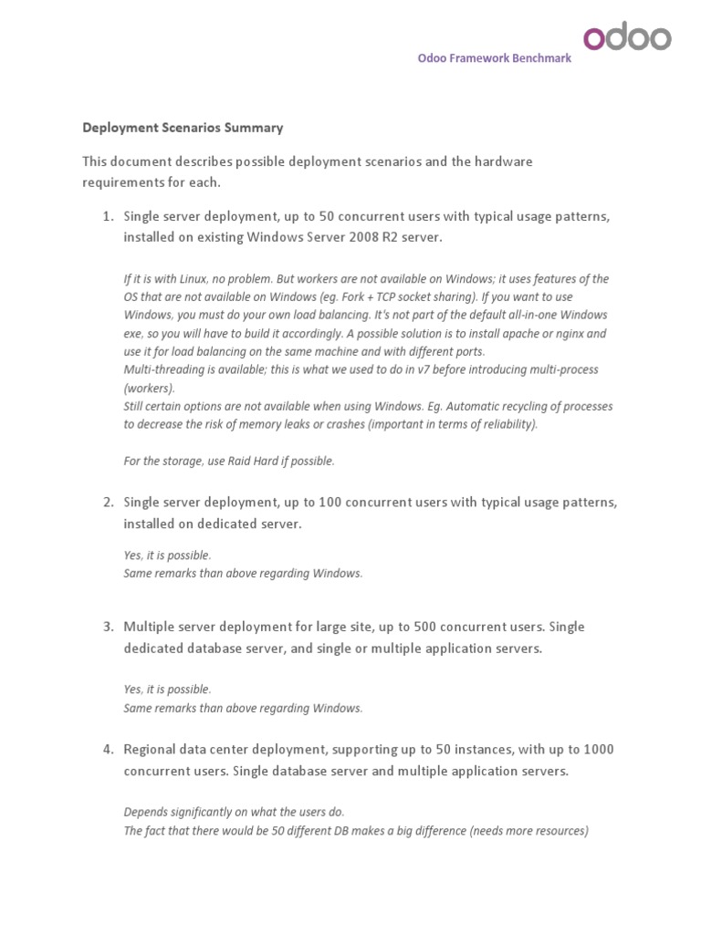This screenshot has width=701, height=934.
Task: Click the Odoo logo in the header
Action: point(627,37)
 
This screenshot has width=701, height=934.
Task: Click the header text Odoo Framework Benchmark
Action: point(495,57)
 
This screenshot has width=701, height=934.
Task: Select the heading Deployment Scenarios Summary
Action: point(183,128)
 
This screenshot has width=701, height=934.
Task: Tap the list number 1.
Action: point(107,216)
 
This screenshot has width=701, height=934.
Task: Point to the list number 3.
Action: point(107,627)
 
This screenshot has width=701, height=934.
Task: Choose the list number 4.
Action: point(107,749)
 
